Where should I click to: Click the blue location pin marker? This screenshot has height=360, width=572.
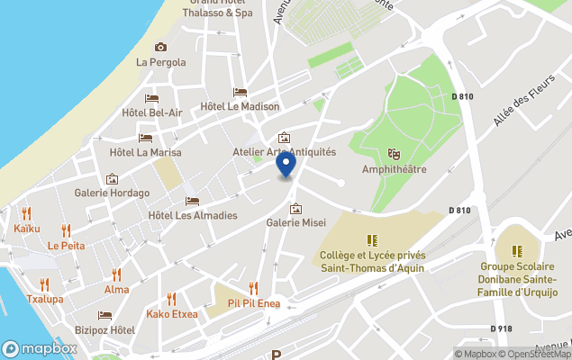click(286, 166)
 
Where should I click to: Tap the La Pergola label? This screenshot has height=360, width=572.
click(161, 62)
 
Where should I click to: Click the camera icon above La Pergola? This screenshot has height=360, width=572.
click(161, 47)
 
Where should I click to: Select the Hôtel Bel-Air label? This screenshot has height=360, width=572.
click(151, 112)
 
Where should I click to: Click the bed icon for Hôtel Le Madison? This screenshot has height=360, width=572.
click(240, 92)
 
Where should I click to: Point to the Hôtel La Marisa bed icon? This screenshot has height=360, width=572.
click(145, 138)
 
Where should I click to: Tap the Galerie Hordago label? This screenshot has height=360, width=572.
click(112, 193)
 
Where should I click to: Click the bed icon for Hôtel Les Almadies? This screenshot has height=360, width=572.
click(192, 201)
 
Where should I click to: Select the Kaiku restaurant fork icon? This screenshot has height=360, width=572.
click(26, 214)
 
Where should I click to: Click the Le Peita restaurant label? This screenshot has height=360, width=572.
click(66, 246)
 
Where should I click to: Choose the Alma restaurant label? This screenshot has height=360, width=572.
click(116, 289)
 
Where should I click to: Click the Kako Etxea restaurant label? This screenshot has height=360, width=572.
click(171, 314)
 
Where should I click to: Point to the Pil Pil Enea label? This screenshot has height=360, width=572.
click(253, 303)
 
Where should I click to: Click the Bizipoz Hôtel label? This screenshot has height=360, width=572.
click(104, 330)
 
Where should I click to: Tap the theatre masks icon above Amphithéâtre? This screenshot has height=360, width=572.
click(393, 155)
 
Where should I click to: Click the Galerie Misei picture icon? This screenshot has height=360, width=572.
click(295, 209)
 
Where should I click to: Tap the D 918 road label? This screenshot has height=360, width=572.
click(502, 328)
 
